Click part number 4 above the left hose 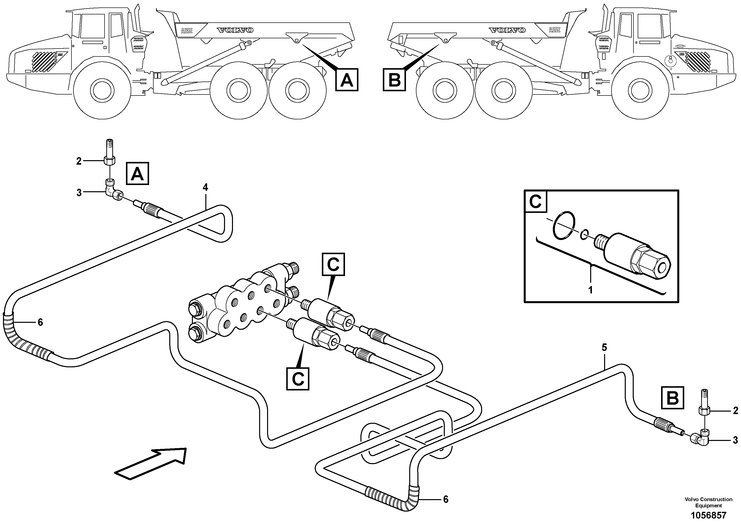point(205,187)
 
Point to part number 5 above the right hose point(604,348)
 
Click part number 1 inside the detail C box point(590,290)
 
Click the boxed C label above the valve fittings point(333,264)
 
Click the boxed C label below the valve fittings point(297,379)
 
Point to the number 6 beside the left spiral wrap point(40,322)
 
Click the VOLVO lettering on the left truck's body point(235,30)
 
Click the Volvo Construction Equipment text point(708,502)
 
